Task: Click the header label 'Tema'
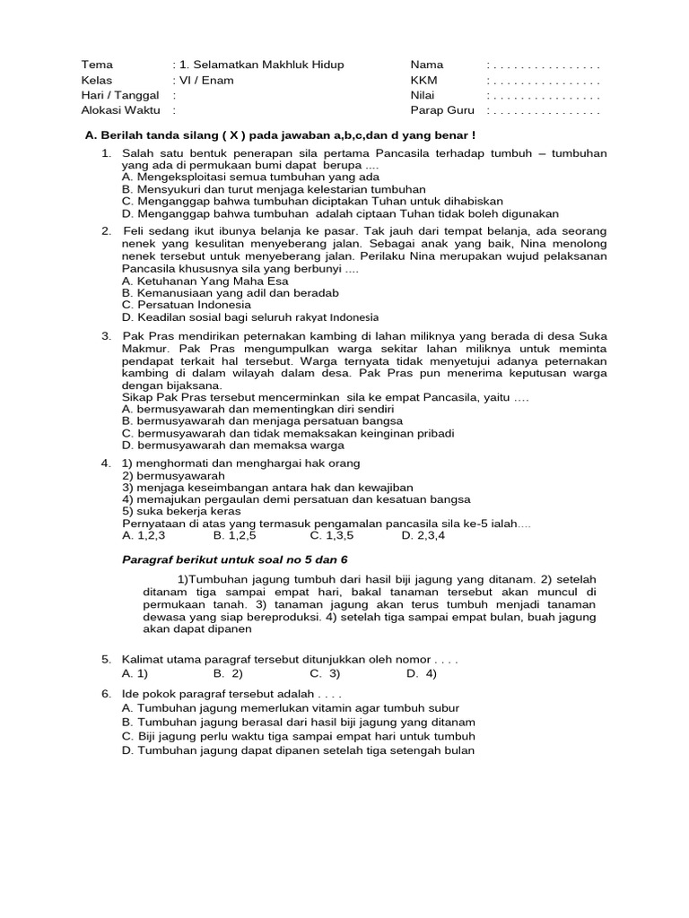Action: pyautogui.click(x=97, y=65)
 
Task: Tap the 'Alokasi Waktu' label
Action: pyautogui.click(x=120, y=110)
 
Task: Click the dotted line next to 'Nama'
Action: pyautogui.click(x=543, y=65)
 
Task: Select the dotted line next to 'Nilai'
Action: pyautogui.click(x=543, y=96)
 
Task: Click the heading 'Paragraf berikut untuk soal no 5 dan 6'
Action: pyautogui.click(x=233, y=559)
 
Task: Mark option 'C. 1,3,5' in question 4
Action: pyautogui.click(x=332, y=535)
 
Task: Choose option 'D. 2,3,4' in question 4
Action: pyautogui.click(x=423, y=535)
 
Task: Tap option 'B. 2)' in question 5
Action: pyautogui.click(x=228, y=672)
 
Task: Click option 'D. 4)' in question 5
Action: pyautogui.click(x=422, y=672)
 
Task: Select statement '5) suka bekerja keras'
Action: pyautogui.click(x=181, y=511)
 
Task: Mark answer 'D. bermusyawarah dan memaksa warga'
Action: pyautogui.click(x=232, y=445)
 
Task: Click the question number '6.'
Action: pyautogui.click(x=107, y=695)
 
